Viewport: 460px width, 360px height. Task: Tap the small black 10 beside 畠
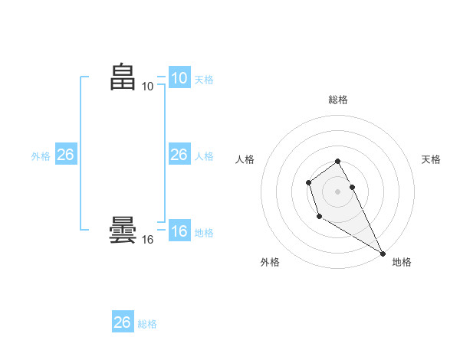pos(147,87)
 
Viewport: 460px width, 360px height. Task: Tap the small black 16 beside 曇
pos(147,240)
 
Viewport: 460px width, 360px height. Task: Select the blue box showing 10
pos(179,78)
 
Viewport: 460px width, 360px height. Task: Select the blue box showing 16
pos(179,231)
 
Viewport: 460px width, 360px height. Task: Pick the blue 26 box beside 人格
pos(179,155)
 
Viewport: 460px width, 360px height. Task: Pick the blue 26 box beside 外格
pos(65,155)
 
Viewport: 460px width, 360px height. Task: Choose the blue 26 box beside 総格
pos(122,322)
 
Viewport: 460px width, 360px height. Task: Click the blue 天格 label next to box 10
pos(204,80)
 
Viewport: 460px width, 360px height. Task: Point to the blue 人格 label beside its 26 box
pos(204,156)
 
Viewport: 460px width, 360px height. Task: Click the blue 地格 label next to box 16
pos(204,233)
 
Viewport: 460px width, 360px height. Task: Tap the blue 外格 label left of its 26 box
pos(41,156)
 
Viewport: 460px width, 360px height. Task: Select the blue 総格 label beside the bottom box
pos(147,324)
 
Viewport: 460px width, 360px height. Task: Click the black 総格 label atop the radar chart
pos(337,100)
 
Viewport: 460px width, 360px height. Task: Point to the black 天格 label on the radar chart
pos(431,159)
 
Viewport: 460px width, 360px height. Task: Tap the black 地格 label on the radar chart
pos(402,262)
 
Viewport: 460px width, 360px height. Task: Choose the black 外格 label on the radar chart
pos(270,262)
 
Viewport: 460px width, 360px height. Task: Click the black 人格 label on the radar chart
pos(245,159)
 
